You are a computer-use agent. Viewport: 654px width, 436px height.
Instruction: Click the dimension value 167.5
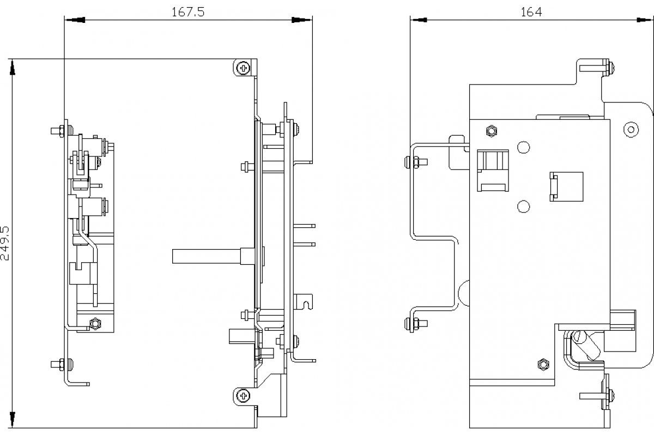(188, 12)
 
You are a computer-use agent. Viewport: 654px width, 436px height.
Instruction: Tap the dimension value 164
(531, 12)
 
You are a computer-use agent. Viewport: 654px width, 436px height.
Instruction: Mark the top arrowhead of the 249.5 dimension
(12, 66)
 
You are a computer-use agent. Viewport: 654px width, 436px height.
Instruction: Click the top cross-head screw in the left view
(243, 68)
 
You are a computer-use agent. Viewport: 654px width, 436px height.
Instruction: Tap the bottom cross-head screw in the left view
(243, 395)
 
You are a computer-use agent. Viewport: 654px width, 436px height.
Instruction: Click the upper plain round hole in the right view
(523, 147)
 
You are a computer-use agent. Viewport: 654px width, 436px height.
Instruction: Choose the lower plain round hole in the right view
(523, 206)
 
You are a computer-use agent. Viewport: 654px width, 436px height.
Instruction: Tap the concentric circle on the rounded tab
(631, 130)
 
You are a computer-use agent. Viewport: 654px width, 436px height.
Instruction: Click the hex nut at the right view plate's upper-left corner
(491, 131)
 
